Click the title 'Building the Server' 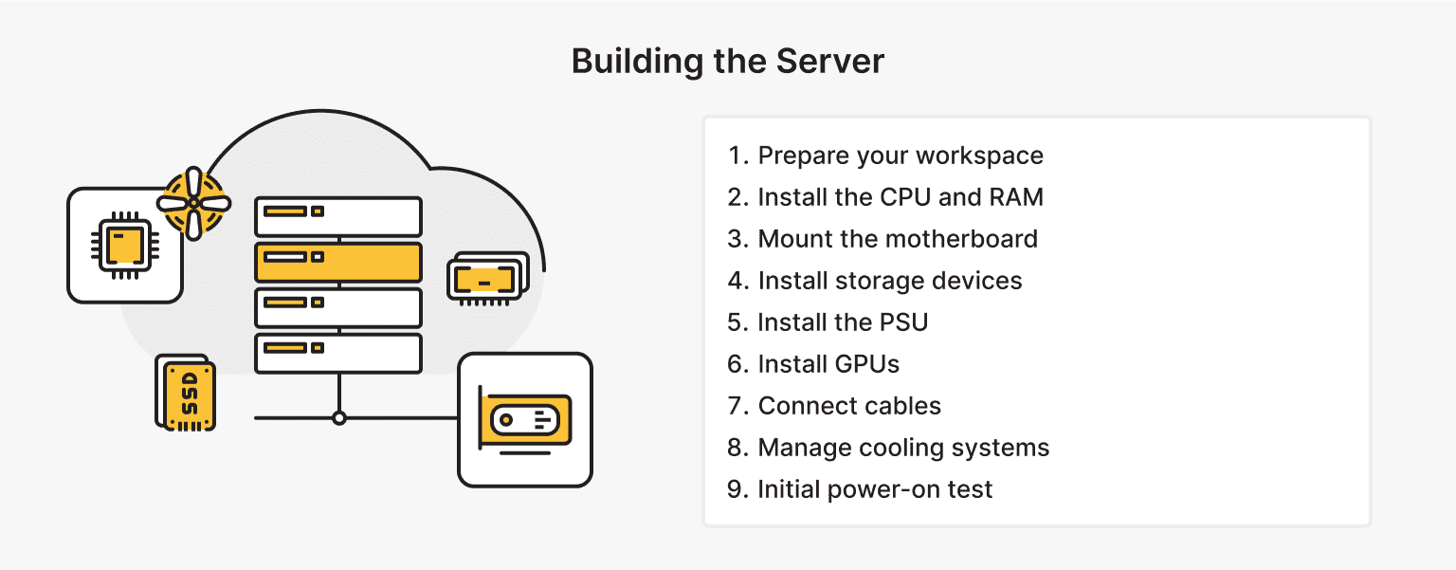coord(727,62)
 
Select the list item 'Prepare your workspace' coord(900,156)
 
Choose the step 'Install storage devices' coord(889,281)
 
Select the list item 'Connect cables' coord(849,406)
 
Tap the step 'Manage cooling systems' coord(903,448)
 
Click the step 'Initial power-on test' coord(875,489)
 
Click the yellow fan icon coord(193,202)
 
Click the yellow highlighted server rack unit coord(338,262)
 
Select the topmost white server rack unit coord(338,216)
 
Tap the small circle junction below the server coord(338,417)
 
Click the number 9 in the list coord(736,489)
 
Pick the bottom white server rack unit coord(338,353)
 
